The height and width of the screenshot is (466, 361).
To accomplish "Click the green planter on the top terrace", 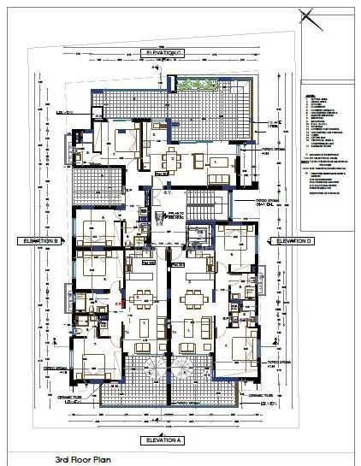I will click(203, 86).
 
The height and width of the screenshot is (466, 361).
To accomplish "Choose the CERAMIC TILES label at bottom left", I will click(88, 396).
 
